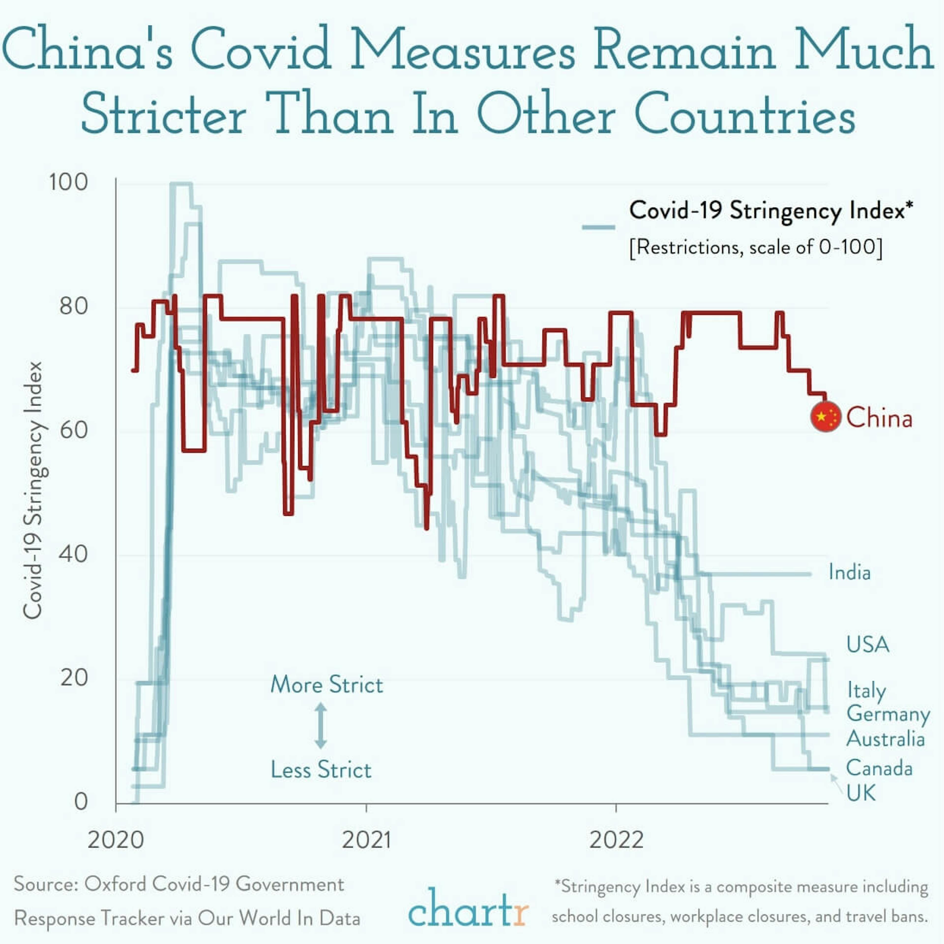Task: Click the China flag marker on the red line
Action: pos(825,417)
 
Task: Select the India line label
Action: pos(849,572)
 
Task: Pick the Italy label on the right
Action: pos(866,690)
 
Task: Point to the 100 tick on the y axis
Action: pos(68,182)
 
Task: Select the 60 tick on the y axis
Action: pos(74,430)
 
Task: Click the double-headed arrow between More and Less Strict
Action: pos(321,726)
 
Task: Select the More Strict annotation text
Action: pos(326,685)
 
